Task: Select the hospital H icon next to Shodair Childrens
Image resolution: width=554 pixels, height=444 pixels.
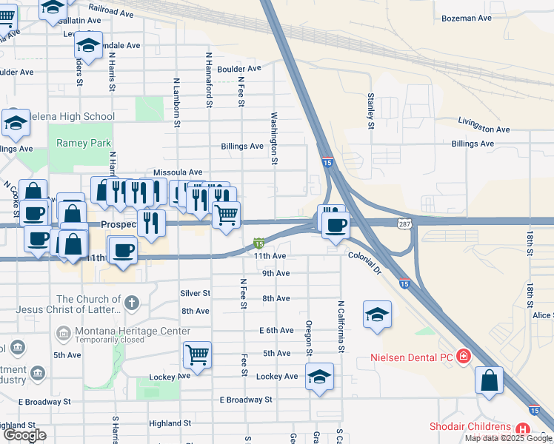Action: [x=523, y=428]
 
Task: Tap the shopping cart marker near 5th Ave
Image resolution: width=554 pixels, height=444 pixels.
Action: [x=197, y=354]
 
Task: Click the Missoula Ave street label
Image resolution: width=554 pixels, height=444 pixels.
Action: [x=178, y=172]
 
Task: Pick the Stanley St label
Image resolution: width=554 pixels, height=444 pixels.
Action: [x=370, y=110]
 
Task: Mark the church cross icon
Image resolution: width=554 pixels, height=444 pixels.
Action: [x=131, y=302]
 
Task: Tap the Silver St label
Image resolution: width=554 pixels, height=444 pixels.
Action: [x=196, y=293]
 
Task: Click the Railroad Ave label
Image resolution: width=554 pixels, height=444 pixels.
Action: [x=110, y=8]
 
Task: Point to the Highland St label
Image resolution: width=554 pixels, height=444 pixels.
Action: [x=170, y=423]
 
